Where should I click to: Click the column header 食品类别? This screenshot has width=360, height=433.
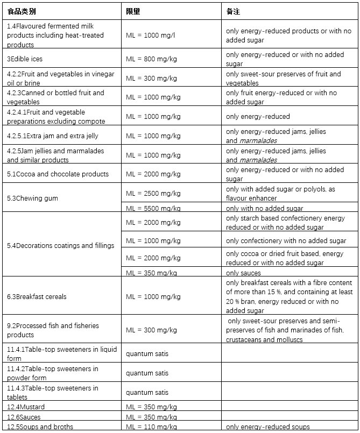22,11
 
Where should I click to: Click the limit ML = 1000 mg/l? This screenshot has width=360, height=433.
151,35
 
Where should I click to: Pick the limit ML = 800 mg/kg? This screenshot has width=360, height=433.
153,59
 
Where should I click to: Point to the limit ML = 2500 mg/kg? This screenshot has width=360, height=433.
153,193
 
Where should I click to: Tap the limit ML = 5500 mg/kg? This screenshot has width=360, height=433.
153,209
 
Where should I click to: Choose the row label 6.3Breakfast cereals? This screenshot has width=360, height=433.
37,296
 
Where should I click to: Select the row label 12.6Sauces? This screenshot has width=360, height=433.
24,417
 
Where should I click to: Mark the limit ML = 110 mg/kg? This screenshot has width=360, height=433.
151,427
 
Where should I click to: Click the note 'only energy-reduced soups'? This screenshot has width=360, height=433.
267,427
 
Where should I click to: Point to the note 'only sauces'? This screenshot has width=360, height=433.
243,273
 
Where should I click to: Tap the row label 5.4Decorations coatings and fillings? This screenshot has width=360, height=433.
60,246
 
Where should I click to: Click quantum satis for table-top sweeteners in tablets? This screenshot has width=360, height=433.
147,393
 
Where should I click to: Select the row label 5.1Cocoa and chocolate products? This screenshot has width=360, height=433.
58,174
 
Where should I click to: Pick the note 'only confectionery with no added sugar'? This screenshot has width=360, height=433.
286,240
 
